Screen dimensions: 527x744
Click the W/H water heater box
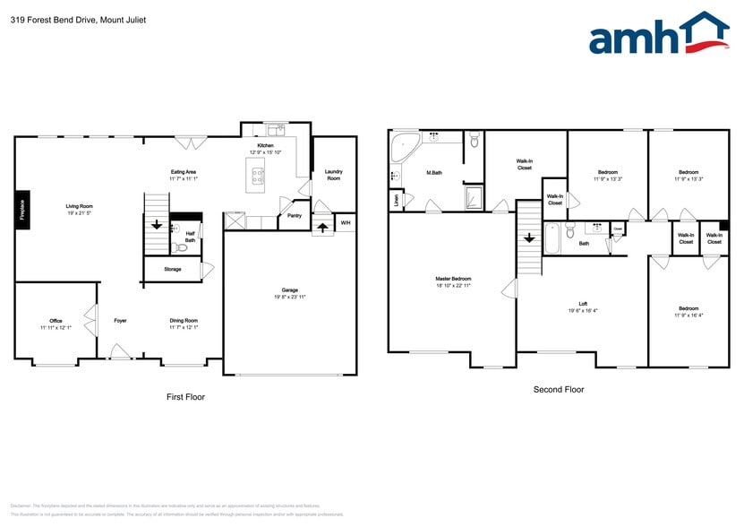[345, 223]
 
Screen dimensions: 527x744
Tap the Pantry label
[293, 215]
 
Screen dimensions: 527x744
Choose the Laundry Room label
[333, 175]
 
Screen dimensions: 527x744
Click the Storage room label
[172, 269]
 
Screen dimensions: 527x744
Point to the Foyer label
[120, 320]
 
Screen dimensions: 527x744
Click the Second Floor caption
[558, 390]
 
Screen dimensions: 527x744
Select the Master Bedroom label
[454, 281]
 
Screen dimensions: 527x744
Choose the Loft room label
[582, 307]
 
